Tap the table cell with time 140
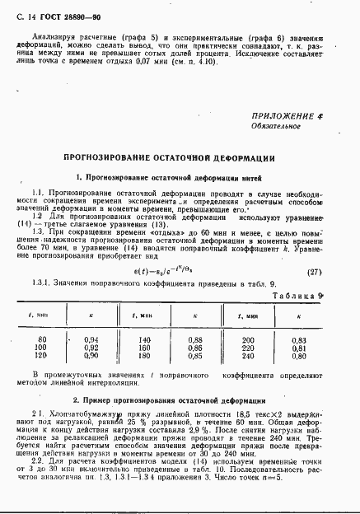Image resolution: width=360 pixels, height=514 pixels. [146, 339]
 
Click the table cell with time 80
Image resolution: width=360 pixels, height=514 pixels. [43, 339]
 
